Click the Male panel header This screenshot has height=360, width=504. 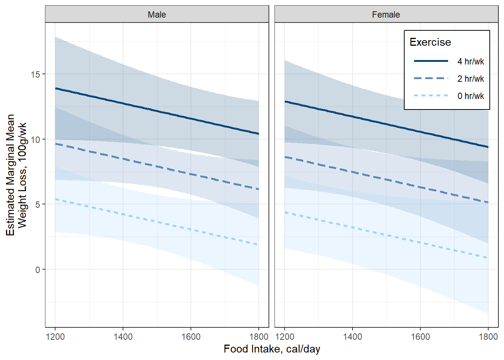(157, 15)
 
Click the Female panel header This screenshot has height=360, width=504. (386, 15)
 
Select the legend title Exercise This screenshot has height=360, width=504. (430, 42)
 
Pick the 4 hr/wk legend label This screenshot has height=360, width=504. (471, 61)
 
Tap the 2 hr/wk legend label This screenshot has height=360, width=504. (471, 79)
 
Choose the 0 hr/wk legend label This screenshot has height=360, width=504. (471, 96)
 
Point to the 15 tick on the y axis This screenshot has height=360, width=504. (35, 74)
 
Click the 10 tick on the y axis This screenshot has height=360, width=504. (35, 139)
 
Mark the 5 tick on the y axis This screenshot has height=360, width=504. (37, 204)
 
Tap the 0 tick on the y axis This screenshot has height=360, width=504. (37, 270)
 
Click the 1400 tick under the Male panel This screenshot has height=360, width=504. (123, 337)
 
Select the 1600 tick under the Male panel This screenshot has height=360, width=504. (191, 337)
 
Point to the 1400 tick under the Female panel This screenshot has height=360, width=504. (352, 337)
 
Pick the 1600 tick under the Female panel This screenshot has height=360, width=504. (420, 337)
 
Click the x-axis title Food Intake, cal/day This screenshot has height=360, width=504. (272, 349)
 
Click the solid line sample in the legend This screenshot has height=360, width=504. (431, 61)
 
